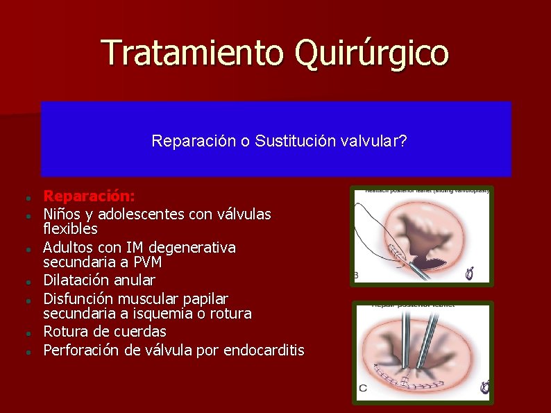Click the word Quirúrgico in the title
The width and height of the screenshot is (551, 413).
tap(371, 53)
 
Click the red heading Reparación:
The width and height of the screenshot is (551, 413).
tap(90, 197)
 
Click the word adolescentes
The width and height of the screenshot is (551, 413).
tap(142, 214)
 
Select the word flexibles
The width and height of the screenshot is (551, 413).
tap(70, 228)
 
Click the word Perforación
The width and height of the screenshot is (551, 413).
tap(82, 351)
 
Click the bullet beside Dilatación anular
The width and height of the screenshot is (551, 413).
tap(24, 282)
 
